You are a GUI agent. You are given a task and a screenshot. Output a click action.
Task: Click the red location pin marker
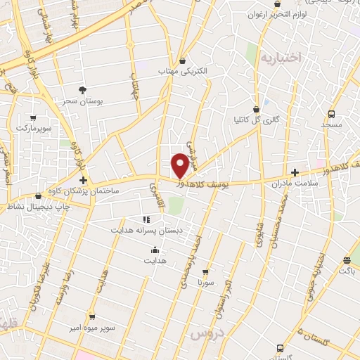tap(181, 165)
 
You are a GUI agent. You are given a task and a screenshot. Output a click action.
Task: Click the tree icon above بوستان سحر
tap(83, 89)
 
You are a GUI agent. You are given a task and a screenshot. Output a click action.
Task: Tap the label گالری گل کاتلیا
tap(257, 120)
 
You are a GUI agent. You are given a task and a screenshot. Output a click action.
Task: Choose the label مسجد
tap(331, 124)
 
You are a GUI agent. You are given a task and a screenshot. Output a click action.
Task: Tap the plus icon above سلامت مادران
tap(295, 172)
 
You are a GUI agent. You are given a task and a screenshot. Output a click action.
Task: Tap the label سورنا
tap(205, 281)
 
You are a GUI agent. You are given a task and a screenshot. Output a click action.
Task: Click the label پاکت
tap(347, 269)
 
